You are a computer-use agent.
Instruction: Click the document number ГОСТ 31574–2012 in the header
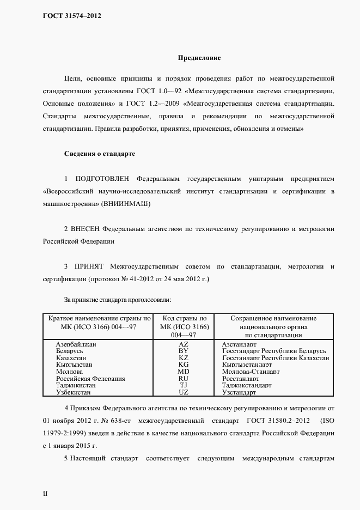point(72,16)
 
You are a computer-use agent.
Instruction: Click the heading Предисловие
point(199,57)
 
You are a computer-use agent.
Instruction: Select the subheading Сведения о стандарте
point(99,154)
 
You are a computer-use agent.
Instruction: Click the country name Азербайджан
point(80,345)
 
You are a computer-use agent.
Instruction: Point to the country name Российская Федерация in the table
point(91,379)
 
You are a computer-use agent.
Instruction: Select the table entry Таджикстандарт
point(247,385)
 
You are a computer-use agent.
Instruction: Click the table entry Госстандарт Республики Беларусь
point(274,351)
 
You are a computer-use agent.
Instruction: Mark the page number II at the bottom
point(46,494)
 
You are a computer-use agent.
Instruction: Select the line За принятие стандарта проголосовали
point(118,300)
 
